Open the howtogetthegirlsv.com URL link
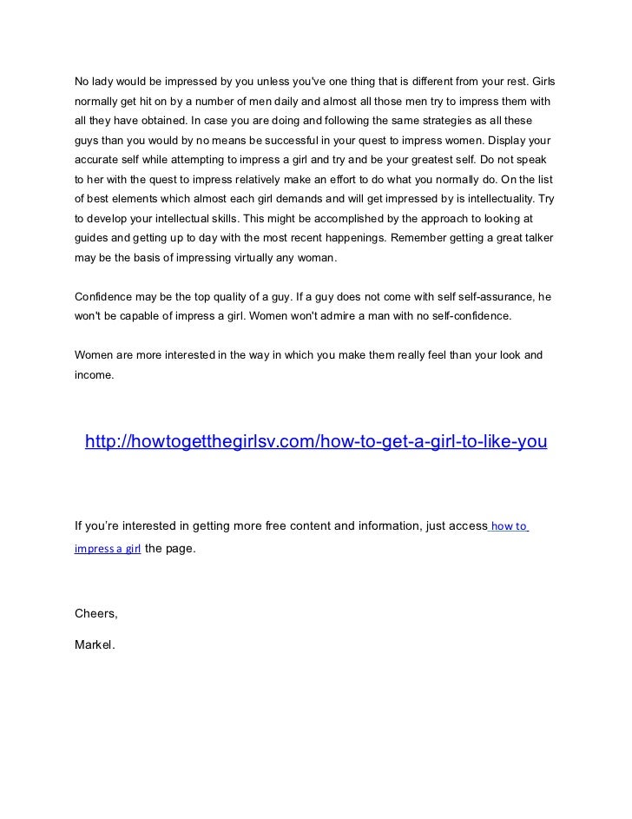316,442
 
